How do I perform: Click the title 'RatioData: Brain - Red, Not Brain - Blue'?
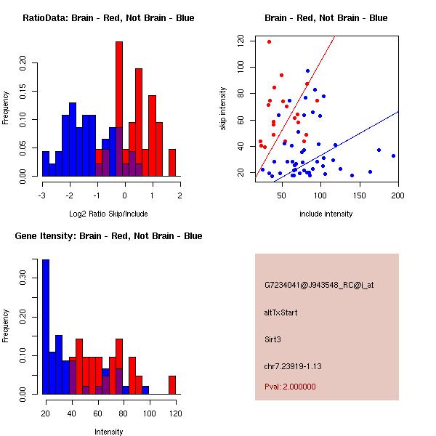click(x=108, y=18)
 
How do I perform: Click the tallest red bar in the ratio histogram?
click(x=119, y=109)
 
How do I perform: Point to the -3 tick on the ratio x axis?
click(x=42, y=195)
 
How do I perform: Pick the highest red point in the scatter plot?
click(x=269, y=41)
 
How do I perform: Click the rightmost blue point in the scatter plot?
click(x=393, y=156)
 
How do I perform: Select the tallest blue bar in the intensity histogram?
click(x=46, y=327)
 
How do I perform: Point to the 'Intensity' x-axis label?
click(x=108, y=432)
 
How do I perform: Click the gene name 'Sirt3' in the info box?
click(x=274, y=339)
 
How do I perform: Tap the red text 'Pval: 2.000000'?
click(x=290, y=387)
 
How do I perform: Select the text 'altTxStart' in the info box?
click(x=280, y=312)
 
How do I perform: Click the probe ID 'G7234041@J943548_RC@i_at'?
click(x=319, y=285)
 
